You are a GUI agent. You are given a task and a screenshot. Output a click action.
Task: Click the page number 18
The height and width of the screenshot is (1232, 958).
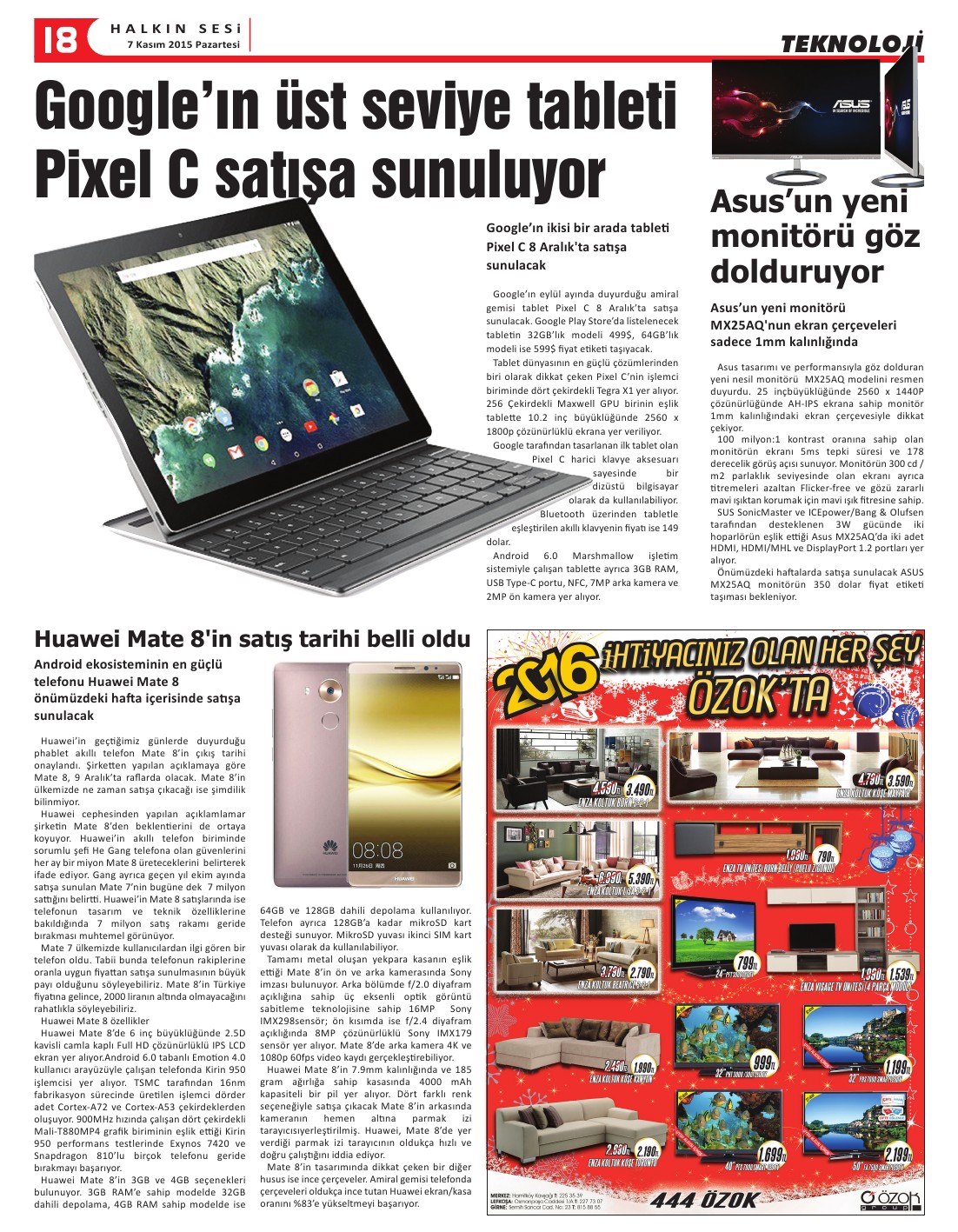57,39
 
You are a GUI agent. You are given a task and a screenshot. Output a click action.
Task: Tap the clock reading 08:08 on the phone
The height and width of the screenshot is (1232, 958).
377,849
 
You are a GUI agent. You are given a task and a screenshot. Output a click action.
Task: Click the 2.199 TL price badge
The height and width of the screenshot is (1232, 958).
896,1155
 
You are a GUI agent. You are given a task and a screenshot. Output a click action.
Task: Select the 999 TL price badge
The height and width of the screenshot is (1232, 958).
762,1062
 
